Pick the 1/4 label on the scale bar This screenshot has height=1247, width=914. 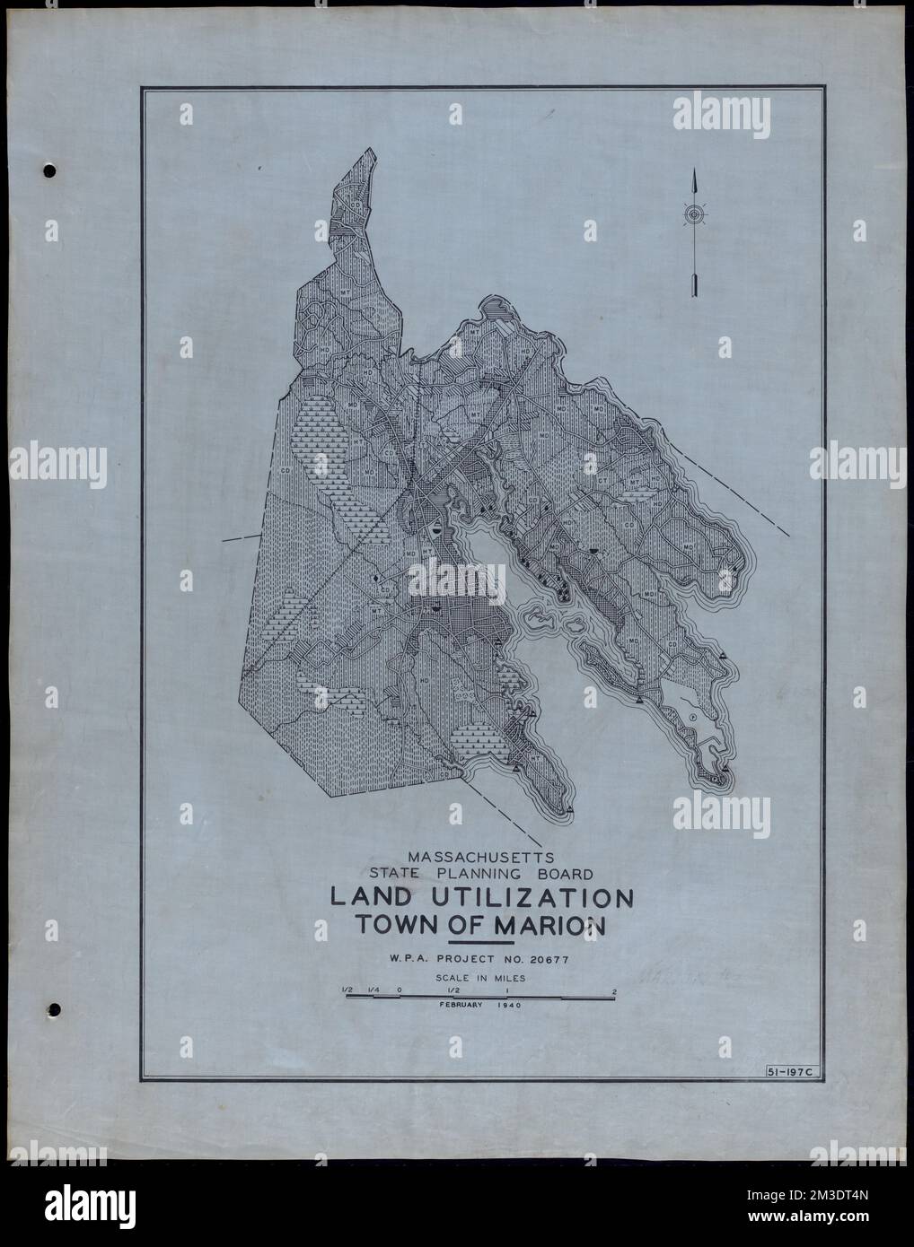tap(371, 990)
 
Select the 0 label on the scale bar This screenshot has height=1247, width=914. tap(399, 990)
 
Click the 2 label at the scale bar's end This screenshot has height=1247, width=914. tap(613, 990)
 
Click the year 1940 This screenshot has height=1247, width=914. tap(507, 1006)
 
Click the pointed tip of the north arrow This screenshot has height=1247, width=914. tap(694, 172)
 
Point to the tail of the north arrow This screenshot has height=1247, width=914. tap(694, 287)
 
